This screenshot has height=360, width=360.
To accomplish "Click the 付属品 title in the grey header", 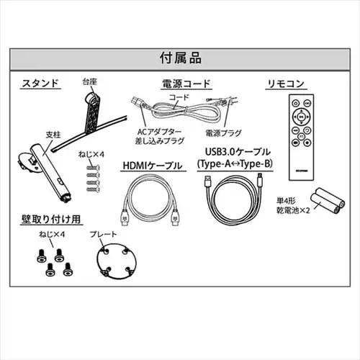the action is (181, 58).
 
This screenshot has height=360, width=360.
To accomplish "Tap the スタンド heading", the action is (40, 83).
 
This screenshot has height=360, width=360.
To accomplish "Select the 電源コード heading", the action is (186, 84).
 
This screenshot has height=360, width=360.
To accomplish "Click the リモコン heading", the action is (286, 84).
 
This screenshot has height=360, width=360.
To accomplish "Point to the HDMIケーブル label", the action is (153, 166).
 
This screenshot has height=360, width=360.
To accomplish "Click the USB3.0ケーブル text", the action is (238, 152).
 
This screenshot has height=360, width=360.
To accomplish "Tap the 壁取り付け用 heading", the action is (50, 220).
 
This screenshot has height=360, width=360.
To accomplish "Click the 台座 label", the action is (89, 81).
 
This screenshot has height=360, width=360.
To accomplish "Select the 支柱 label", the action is (53, 135).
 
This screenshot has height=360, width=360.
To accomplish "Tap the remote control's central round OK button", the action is (301, 117).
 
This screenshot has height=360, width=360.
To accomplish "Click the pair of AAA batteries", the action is (328, 201).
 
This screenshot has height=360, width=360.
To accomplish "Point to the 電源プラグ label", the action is (223, 133).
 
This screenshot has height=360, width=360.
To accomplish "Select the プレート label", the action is (103, 234).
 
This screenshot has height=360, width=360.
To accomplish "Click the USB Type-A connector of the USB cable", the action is (207, 181).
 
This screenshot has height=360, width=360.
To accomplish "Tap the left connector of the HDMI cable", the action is (125, 217).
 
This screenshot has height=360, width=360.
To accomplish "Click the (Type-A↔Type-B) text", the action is (235, 164).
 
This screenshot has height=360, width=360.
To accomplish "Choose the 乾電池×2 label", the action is (293, 210).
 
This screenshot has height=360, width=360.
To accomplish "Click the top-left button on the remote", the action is (295, 104).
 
